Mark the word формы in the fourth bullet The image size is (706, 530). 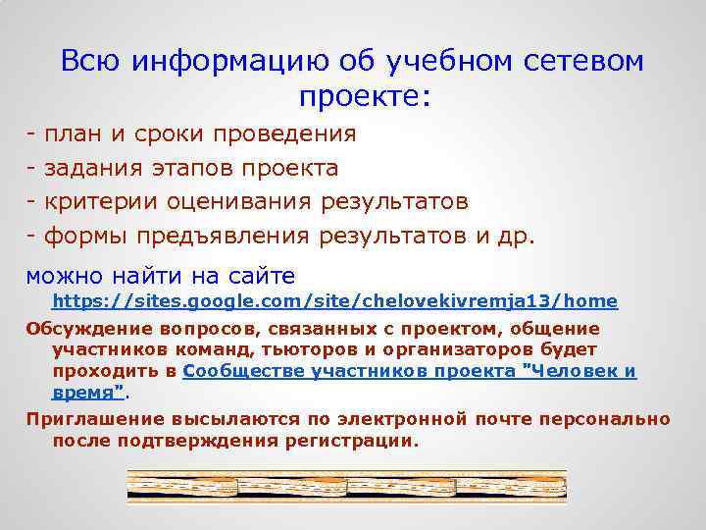(x=87, y=237)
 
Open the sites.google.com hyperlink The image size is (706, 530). (x=334, y=300)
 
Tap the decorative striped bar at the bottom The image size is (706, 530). (x=347, y=486)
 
